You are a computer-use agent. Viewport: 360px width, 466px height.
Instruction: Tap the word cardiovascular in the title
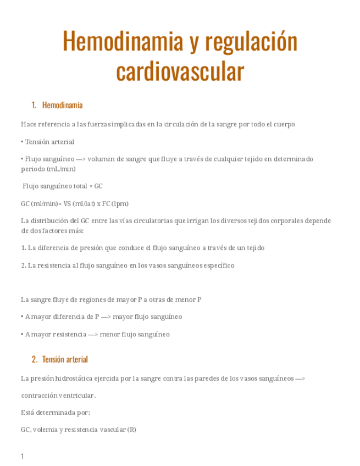pos(180,71)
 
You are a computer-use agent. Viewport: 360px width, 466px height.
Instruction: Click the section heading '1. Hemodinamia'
pos(57,105)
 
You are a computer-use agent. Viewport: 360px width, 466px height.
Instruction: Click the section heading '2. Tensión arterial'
pos(60,359)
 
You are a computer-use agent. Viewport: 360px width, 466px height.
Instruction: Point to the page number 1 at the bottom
pos(23,457)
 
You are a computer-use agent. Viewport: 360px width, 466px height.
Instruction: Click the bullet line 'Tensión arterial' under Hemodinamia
pos(48,142)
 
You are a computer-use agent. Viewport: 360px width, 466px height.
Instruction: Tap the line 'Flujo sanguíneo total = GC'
pos(63,186)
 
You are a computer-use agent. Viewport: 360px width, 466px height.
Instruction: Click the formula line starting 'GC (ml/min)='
pos(74,203)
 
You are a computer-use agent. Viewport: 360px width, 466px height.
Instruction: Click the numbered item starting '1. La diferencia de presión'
pos(142,248)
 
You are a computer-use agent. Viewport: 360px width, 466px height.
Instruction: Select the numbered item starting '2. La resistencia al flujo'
pos(128,265)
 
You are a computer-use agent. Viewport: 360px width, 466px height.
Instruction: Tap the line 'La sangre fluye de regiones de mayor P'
pos(111,299)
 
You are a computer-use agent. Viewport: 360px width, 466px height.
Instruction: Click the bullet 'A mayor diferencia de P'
pos(101,317)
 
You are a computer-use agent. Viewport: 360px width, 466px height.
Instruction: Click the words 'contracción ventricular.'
pos(58,395)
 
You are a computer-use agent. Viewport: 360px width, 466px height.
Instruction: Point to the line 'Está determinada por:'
pos(56,412)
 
